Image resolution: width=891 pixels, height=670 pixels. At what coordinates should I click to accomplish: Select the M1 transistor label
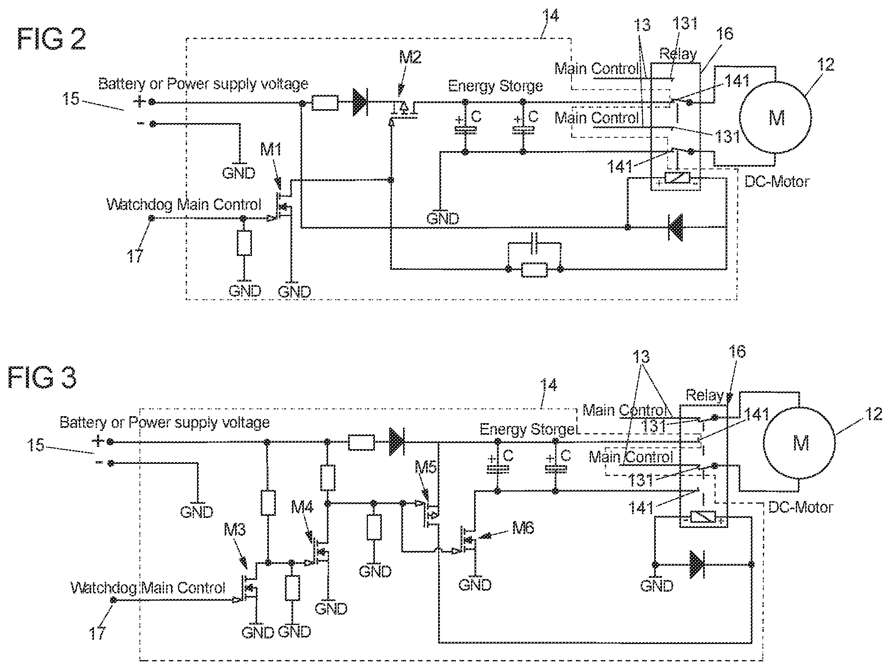coord(271,150)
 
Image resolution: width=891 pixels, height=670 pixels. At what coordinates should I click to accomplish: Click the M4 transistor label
coord(303,507)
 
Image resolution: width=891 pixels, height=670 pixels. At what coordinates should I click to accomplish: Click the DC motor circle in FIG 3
coord(799,443)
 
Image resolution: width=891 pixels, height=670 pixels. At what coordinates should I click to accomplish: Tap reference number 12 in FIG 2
coord(825,65)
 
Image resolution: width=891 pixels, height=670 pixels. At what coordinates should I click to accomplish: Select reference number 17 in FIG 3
coord(97,634)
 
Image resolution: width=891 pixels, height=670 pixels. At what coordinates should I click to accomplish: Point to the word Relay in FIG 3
coord(705,395)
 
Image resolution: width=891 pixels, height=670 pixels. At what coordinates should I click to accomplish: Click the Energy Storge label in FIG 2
coord(495,86)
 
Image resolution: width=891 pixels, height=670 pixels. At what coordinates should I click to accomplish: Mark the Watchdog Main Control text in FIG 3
coord(148,588)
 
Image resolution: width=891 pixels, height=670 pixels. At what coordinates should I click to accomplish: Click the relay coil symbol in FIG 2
coord(677,178)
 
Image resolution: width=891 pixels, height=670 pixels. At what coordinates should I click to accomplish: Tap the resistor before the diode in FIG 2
coord(325,103)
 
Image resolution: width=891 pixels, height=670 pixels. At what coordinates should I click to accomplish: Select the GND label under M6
coord(475,585)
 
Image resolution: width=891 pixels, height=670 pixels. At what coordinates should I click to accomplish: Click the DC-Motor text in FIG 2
coord(777,181)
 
